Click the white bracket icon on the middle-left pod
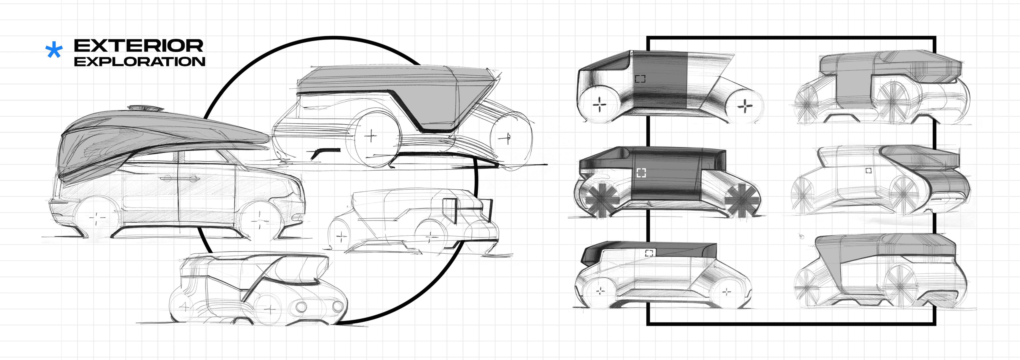tap(641, 173)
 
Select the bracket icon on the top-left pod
tap(640, 79)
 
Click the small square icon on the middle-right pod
tap(868, 171)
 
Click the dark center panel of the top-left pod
tap(659, 83)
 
